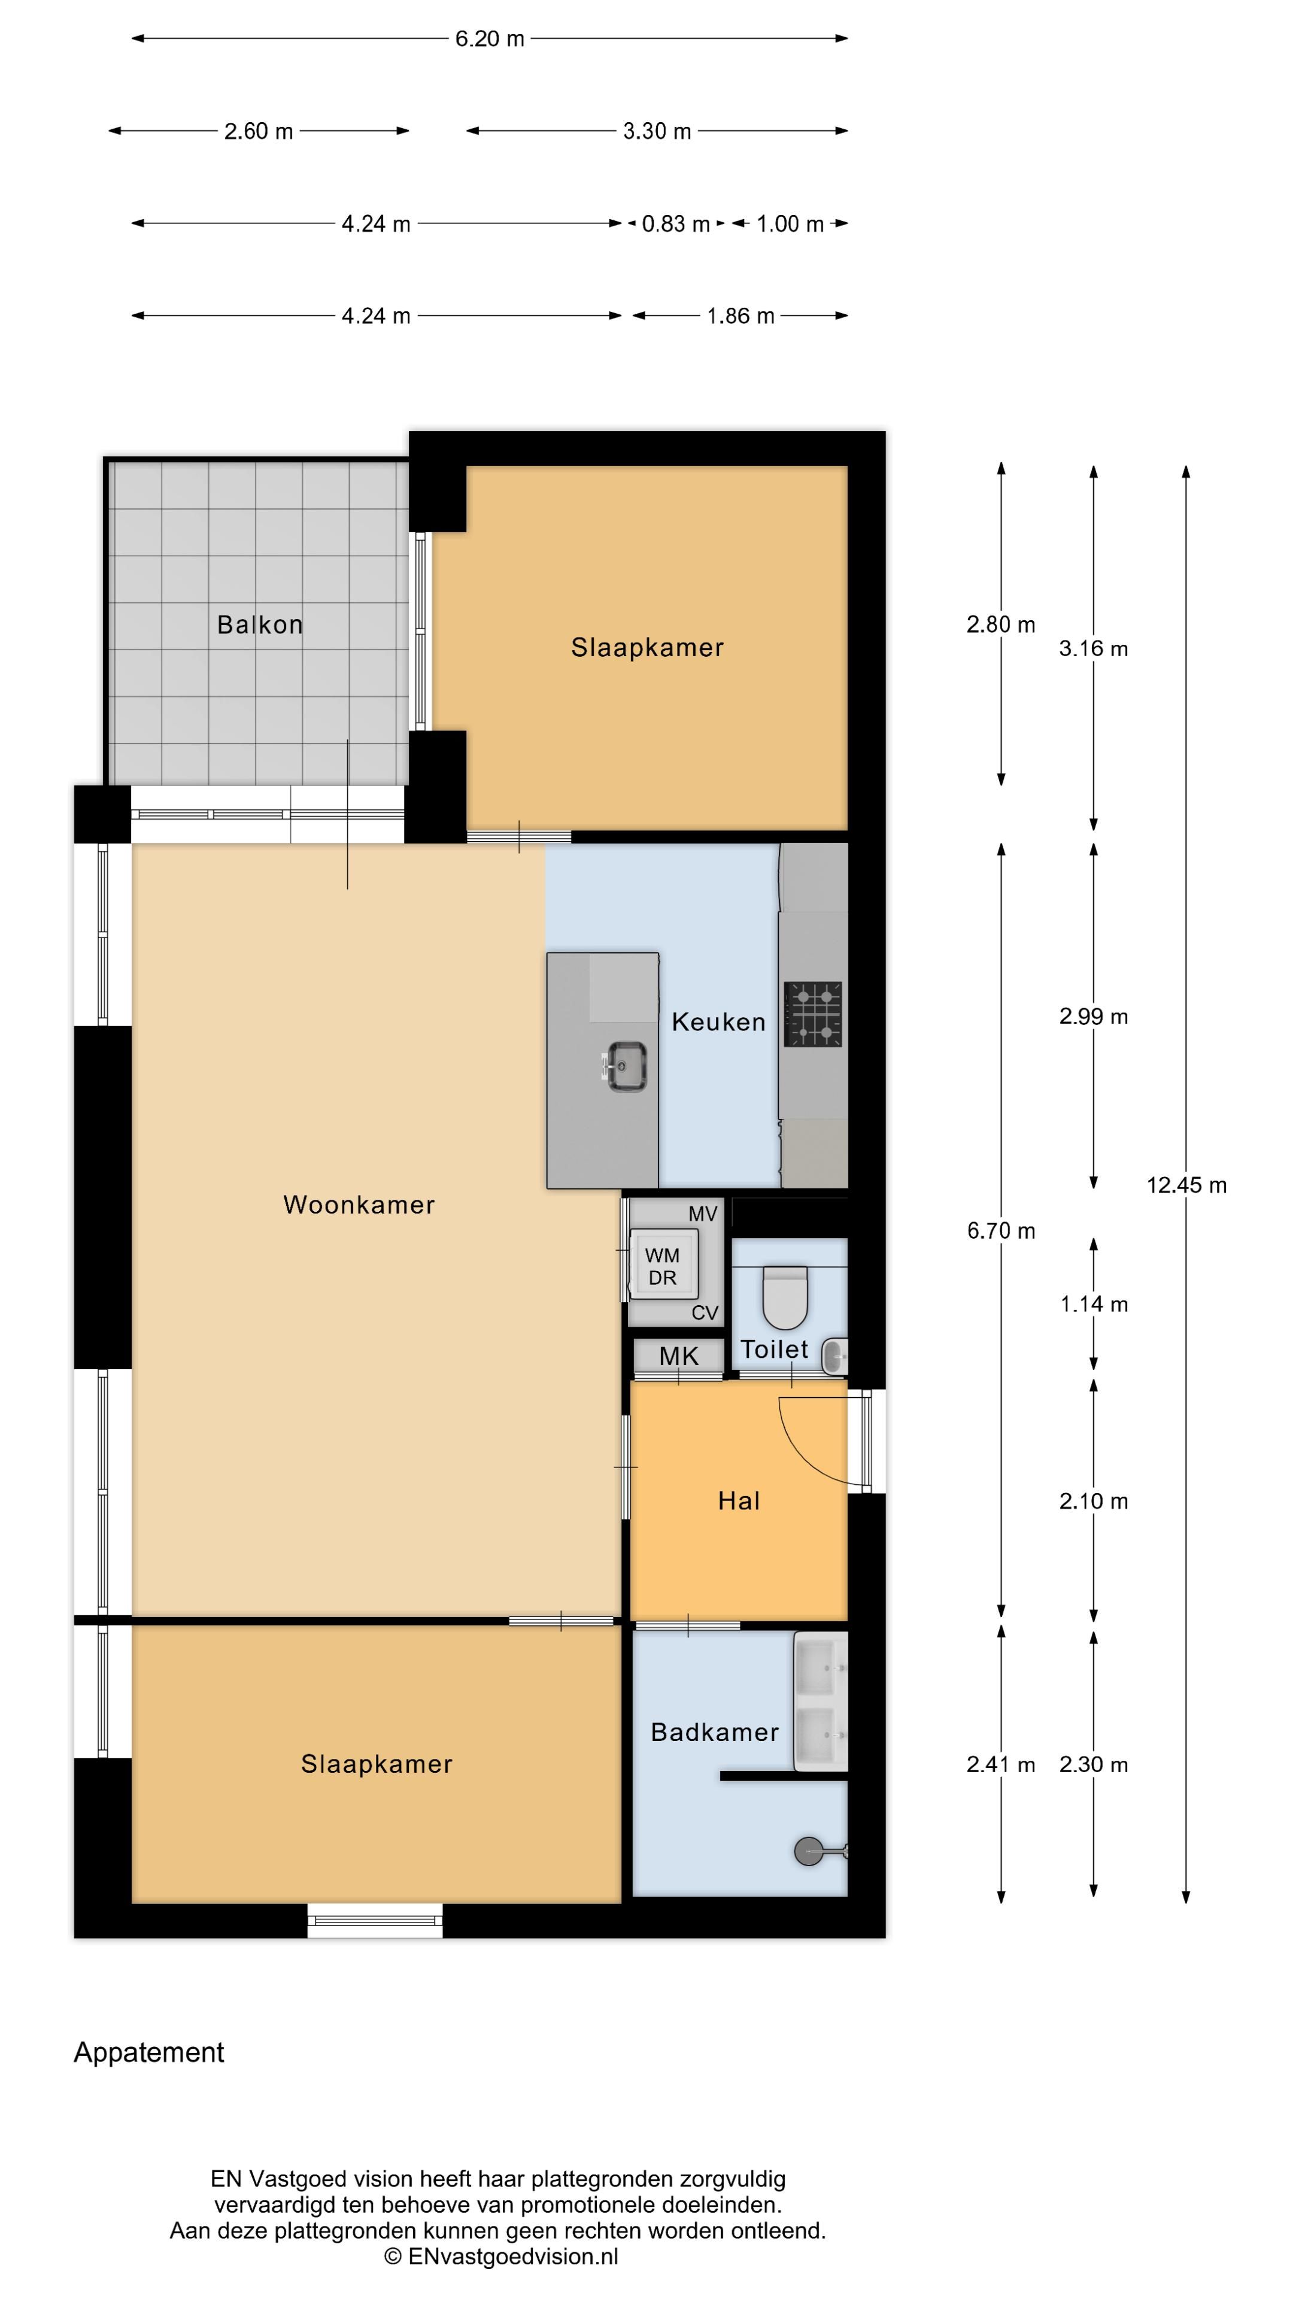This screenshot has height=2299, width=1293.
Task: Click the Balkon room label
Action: pyautogui.click(x=260, y=624)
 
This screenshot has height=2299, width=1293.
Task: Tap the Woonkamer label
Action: pyautogui.click(x=359, y=1204)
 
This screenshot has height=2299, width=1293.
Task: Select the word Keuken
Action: pyautogui.click(x=718, y=1022)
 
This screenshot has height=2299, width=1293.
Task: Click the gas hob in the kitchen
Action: pyautogui.click(x=813, y=1014)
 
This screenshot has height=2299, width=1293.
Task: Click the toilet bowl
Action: pyautogui.click(x=785, y=1299)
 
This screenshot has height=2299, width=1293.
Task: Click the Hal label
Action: pyautogui.click(x=739, y=1500)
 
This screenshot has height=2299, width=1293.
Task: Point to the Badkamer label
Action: pyautogui.click(x=715, y=1731)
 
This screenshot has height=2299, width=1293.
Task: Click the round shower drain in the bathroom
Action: pyautogui.click(x=809, y=1851)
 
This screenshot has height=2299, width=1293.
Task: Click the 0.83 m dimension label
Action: pyautogui.click(x=675, y=224)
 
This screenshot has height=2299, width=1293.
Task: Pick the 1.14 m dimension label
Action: pyautogui.click(x=1094, y=1304)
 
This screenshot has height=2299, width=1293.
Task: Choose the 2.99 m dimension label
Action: pyautogui.click(x=1094, y=1017)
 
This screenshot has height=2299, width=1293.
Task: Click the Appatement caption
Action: pyautogui.click(x=149, y=2052)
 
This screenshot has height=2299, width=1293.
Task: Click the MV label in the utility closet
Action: pyautogui.click(x=703, y=1214)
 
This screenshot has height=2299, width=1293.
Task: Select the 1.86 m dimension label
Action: pyautogui.click(x=740, y=316)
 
